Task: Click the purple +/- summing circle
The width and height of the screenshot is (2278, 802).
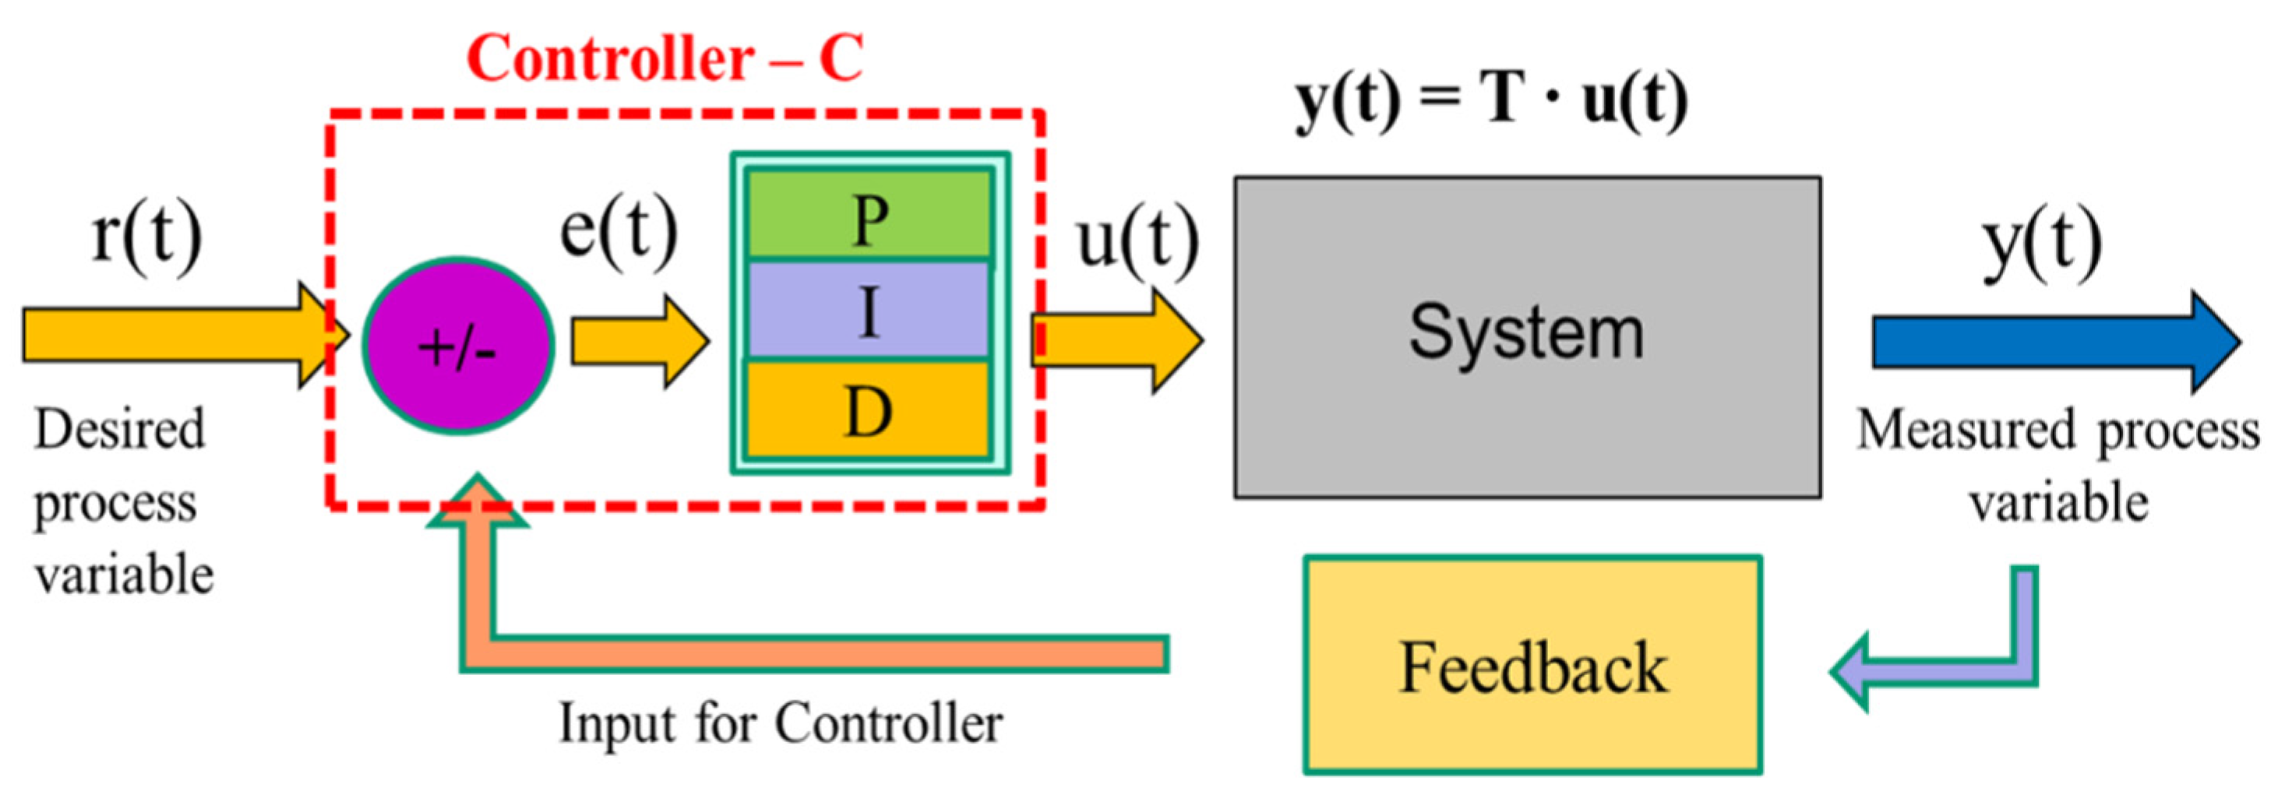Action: click(458, 346)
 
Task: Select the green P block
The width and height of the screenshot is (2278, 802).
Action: click(869, 216)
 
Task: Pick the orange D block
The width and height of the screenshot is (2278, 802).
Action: click(869, 410)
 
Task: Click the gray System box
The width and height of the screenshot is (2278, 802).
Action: click(1527, 337)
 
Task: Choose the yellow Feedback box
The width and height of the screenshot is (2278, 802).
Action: click(1532, 665)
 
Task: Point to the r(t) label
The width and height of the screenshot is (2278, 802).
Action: click(146, 237)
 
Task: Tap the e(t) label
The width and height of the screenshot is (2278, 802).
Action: click(619, 232)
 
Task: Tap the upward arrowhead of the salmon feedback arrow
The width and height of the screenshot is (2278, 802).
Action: click(478, 506)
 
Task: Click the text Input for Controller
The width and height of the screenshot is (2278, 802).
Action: click(781, 724)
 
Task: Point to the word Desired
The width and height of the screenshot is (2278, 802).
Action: click(119, 431)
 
